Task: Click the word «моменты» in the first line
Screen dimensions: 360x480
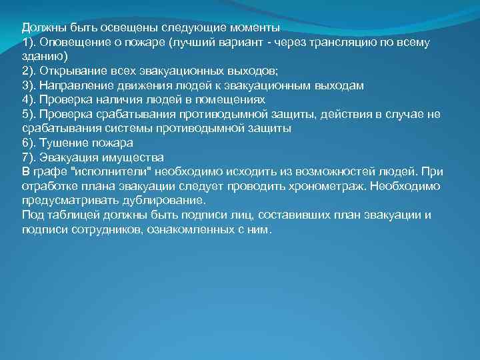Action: [254, 28]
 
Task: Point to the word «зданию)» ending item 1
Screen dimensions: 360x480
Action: [42, 57]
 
